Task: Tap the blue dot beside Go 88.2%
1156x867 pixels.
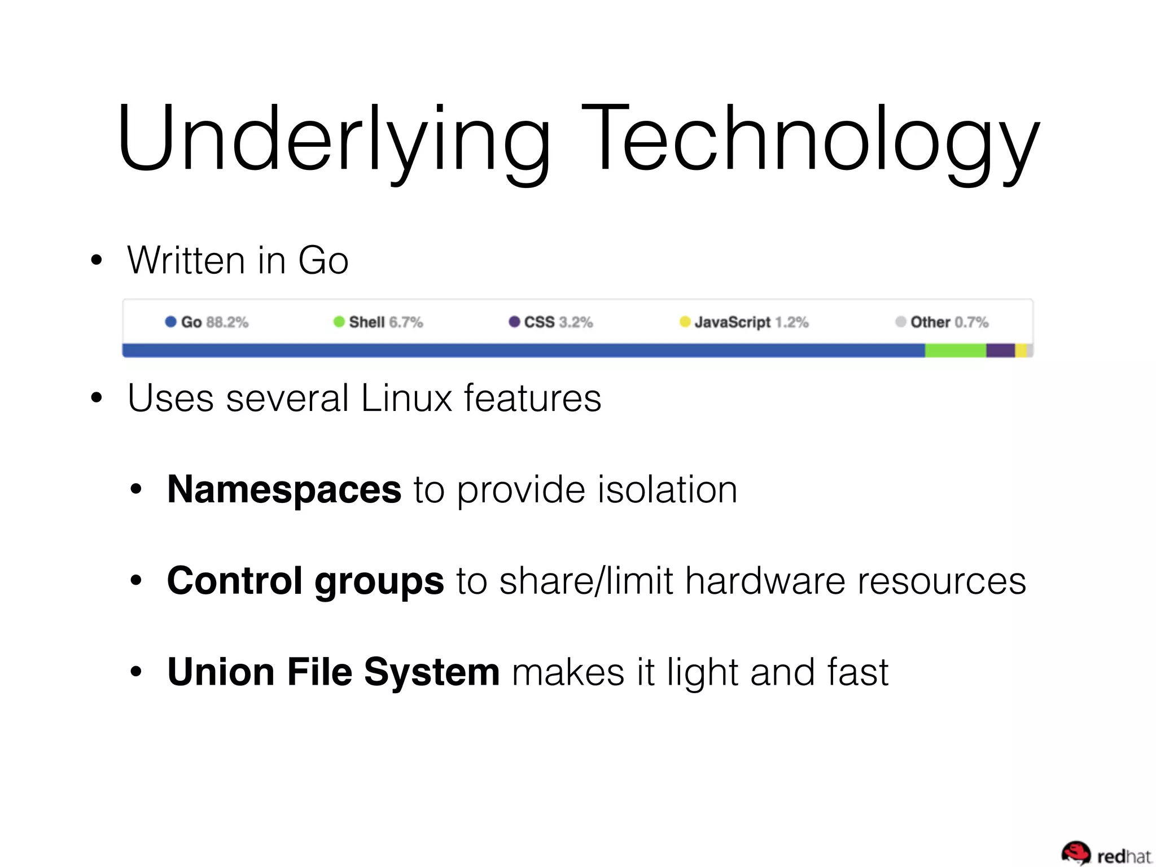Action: (170, 322)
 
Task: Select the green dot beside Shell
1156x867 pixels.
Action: (339, 322)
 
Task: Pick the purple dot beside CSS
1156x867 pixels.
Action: (514, 322)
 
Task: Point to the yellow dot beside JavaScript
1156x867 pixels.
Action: (685, 322)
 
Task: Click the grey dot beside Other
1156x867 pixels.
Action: (900, 322)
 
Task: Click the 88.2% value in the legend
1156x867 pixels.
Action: (227, 322)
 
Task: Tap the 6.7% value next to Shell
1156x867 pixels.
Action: (406, 322)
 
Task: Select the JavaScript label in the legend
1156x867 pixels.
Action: (732, 322)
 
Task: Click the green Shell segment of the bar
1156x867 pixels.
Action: (955, 351)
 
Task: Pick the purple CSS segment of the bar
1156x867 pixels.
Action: (1000, 351)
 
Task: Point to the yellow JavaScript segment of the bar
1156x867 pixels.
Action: (1021, 351)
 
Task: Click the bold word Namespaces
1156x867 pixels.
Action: (284, 489)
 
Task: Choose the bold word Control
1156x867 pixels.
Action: (235, 581)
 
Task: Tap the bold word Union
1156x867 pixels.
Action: (221, 672)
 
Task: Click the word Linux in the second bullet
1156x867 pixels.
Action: (406, 399)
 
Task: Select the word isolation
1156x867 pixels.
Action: (667, 489)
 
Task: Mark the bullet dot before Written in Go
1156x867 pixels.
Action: (97, 260)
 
